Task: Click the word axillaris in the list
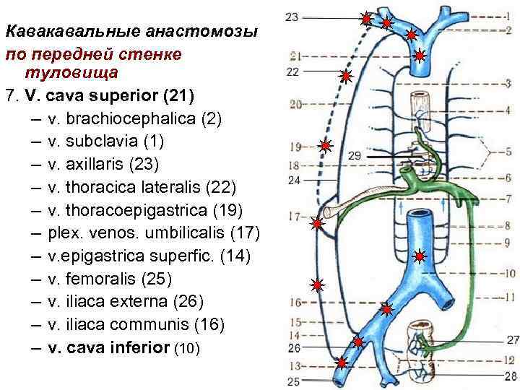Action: pyautogui.click(x=100, y=163)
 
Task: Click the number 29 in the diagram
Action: pyautogui.click(x=354, y=156)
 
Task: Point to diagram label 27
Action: pyautogui.click(x=512, y=339)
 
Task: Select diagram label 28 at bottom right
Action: pyautogui.click(x=511, y=376)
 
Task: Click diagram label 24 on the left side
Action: pyautogui.click(x=293, y=180)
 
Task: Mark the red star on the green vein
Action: pyautogui.click(x=420, y=256)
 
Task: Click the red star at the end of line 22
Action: pyautogui.click(x=346, y=76)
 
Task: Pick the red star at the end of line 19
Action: pyautogui.click(x=326, y=147)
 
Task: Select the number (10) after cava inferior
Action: pyautogui.click(x=187, y=348)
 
